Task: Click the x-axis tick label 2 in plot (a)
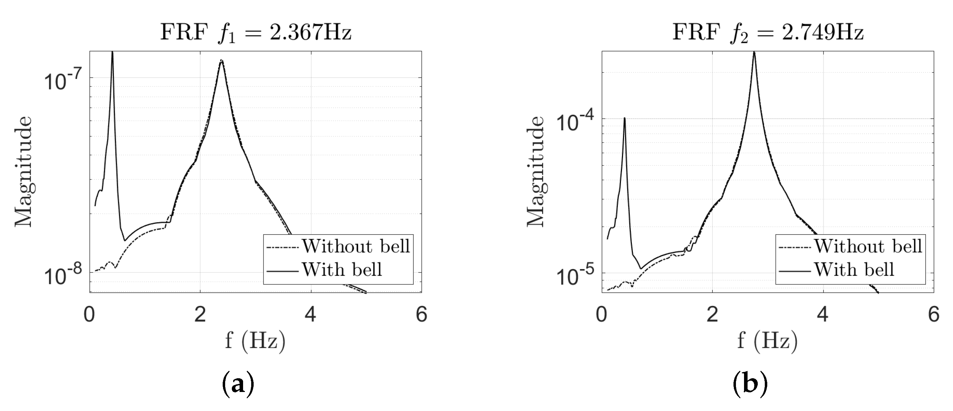pyautogui.click(x=200, y=315)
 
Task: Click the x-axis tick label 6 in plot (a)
pyautogui.click(x=421, y=315)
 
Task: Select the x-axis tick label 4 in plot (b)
pyautogui.click(x=823, y=315)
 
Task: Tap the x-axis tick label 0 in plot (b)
pyautogui.click(x=602, y=315)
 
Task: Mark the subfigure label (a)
pyautogui.click(x=238, y=385)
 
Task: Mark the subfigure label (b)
pyautogui.click(x=750, y=385)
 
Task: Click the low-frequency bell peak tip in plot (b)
pyautogui.click(x=624, y=118)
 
